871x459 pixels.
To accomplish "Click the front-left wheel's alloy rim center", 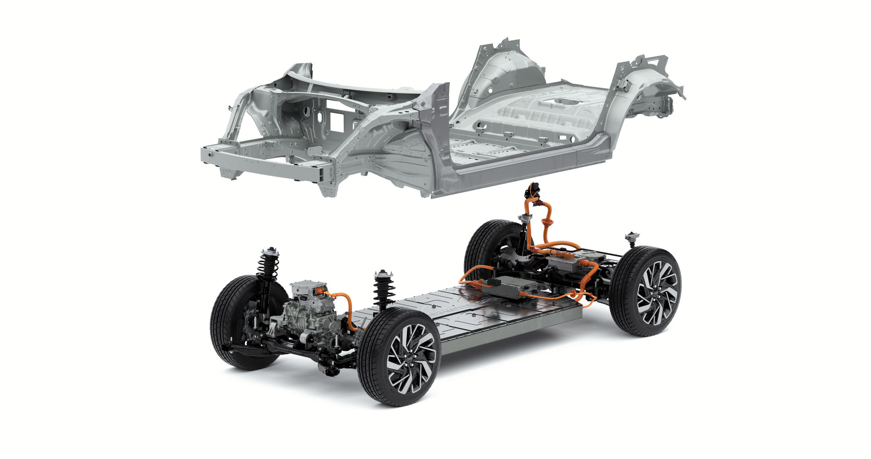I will (412, 358).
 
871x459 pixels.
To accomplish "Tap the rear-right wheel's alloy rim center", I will (656, 293).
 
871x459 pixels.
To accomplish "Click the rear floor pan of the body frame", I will (544, 113).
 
